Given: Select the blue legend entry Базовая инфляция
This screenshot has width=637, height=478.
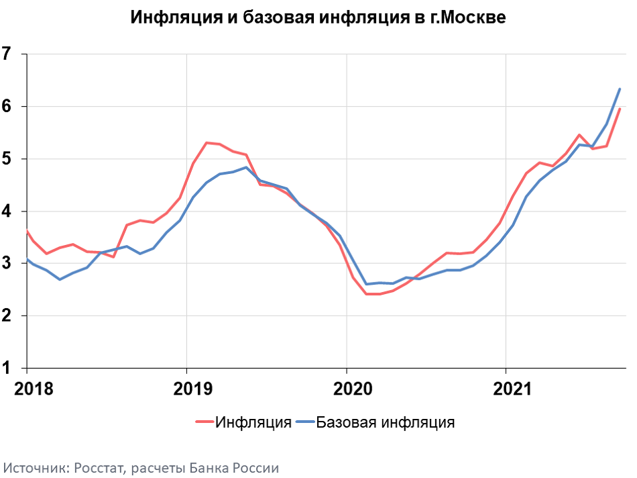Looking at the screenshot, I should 385,422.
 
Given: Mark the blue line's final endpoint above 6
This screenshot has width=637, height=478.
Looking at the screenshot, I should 620,89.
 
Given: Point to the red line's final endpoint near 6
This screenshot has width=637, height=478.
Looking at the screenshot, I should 620,109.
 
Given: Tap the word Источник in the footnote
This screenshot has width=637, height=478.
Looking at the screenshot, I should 32,467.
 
